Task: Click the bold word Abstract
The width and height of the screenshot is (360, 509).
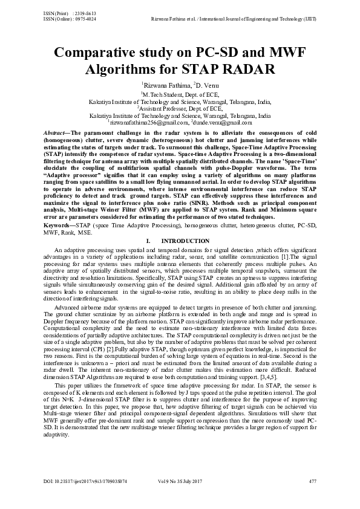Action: click(59, 132)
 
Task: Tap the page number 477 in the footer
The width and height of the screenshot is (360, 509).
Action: click(312, 481)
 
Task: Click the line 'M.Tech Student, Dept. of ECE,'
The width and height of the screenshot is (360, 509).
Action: click(180, 95)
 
